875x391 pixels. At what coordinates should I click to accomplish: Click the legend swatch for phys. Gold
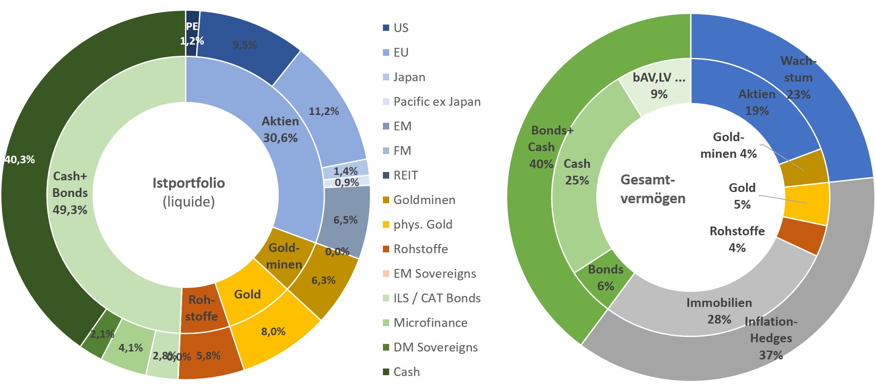coord(386,225)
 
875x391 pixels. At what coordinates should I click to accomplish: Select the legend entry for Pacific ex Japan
coord(437,102)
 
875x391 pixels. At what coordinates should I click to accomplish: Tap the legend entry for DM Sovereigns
coord(435,348)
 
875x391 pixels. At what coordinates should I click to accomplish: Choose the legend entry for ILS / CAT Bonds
coord(437,299)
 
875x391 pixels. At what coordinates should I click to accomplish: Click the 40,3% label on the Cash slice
coord(20,159)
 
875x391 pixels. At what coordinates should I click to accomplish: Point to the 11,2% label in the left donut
coord(323,111)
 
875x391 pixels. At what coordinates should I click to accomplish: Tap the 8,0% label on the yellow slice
coord(273,331)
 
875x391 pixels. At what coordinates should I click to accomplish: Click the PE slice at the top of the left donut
coord(192,33)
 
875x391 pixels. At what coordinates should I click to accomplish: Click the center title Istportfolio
coord(189,183)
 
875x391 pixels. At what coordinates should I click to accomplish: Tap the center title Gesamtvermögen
coord(652,189)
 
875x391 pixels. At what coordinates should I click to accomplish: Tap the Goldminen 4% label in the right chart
coord(728,145)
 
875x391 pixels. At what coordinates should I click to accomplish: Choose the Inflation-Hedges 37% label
coord(771,338)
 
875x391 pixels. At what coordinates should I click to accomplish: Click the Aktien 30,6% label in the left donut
coord(280,130)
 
